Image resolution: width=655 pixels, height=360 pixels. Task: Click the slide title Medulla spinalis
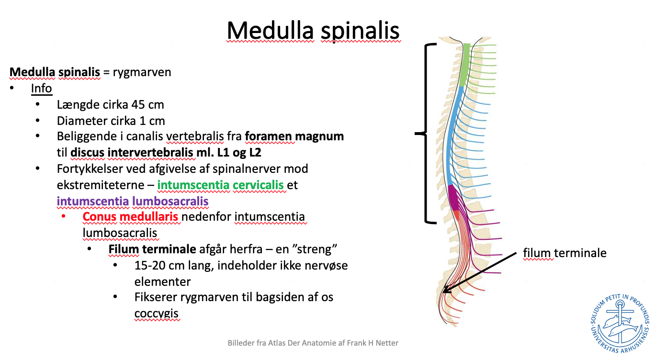(313, 31)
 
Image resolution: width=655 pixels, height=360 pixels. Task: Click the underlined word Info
(42, 88)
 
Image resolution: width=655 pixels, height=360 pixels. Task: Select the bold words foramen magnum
(294, 136)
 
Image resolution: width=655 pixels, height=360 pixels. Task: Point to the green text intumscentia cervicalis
(220, 185)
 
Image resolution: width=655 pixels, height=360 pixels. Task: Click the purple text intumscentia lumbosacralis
(133, 201)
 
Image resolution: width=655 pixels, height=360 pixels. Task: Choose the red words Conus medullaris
(130, 217)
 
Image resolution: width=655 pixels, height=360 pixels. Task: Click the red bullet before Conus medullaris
(64, 216)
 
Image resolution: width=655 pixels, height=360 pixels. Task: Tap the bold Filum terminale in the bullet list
(152, 249)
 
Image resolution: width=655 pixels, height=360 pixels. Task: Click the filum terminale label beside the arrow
(565, 253)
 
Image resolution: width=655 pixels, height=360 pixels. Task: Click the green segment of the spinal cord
(464, 65)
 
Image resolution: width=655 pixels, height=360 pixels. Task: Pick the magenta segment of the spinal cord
(453, 198)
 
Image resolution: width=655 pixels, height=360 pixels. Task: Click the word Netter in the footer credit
(387, 343)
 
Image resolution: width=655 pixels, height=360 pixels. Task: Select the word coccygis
(157, 314)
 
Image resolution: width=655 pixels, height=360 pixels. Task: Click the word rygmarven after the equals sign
(142, 72)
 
